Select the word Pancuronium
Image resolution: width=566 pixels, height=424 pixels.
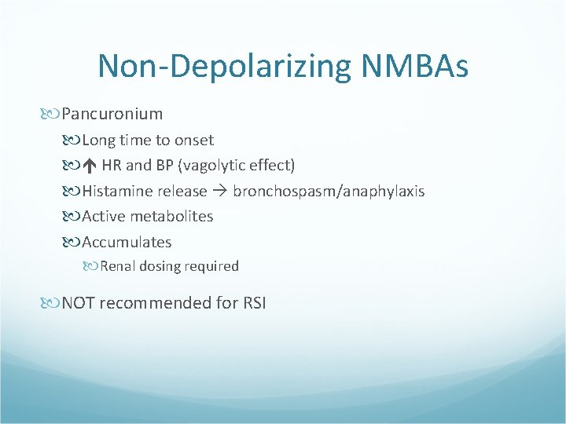[112, 114]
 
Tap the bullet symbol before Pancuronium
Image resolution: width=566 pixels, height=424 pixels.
[53, 115]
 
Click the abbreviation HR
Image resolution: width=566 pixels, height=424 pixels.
[111, 166]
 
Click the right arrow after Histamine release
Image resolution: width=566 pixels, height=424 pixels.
[220, 192]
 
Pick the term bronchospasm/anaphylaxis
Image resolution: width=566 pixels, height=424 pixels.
[329, 192]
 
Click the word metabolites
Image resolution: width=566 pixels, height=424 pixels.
[171, 216]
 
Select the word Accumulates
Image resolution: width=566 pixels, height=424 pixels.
[127, 242]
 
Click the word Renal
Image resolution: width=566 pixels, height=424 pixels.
[119, 266]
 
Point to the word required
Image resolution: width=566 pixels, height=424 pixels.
[212, 266]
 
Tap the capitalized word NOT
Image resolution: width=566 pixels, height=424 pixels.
[79, 302]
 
